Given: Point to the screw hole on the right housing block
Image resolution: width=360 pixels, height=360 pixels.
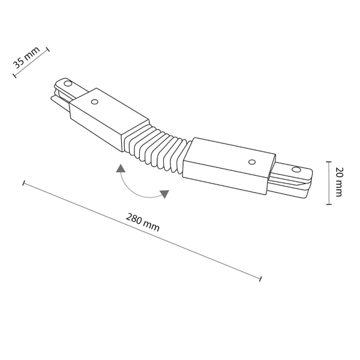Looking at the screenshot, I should click(253, 162).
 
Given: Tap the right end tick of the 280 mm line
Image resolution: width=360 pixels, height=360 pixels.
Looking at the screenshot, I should click(260, 278).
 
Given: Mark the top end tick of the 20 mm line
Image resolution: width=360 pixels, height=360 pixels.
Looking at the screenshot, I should click(328, 161).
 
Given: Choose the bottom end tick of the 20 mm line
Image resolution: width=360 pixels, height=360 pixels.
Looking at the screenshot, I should click(328, 204).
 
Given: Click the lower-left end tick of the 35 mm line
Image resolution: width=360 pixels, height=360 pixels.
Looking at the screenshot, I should click(14, 76).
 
